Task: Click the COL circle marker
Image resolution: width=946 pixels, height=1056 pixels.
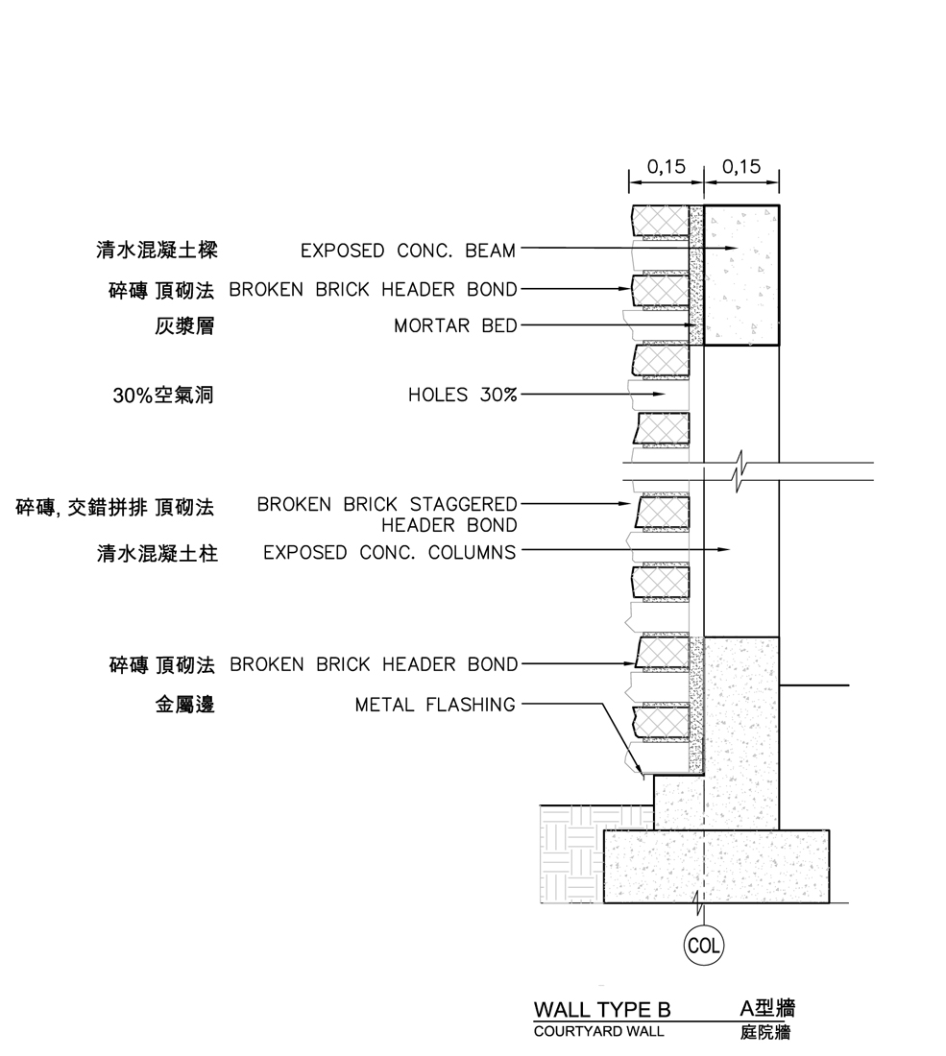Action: (x=703, y=946)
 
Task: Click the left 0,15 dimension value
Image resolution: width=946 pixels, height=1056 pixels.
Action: (x=666, y=166)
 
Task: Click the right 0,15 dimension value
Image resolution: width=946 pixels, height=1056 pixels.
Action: (x=741, y=166)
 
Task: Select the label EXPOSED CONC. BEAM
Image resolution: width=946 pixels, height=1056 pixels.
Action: (x=407, y=251)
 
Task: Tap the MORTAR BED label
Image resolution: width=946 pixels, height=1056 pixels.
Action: (x=455, y=326)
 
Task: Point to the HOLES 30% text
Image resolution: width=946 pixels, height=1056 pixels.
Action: (x=462, y=395)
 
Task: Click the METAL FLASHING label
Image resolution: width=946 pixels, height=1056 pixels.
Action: (x=435, y=706)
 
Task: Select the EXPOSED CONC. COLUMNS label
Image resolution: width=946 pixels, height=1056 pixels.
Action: (x=390, y=553)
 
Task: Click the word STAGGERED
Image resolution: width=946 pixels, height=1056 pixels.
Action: (x=463, y=504)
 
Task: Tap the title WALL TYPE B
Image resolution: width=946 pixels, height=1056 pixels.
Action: (x=601, y=1010)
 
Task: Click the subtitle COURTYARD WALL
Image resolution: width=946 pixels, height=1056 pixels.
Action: (x=598, y=1032)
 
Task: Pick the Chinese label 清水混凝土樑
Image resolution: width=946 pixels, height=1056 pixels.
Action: (x=157, y=251)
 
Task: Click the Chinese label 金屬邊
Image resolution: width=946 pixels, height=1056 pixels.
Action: (x=184, y=706)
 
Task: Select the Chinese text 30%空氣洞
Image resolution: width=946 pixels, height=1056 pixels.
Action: (x=163, y=395)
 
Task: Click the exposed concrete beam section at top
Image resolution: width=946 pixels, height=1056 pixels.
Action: (x=741, y=276)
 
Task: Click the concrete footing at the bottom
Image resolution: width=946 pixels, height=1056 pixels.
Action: (x=716, y=866)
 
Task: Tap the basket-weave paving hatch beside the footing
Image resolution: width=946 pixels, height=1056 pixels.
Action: (x=571, y=853)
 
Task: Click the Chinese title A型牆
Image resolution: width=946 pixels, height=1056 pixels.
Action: (x=767, y=1008)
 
